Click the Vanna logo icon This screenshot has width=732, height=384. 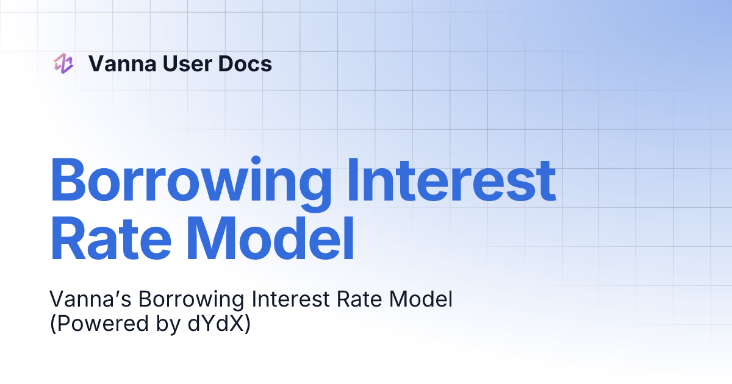[x=63, y=63]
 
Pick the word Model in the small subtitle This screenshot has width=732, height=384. [x=422, y=300]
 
